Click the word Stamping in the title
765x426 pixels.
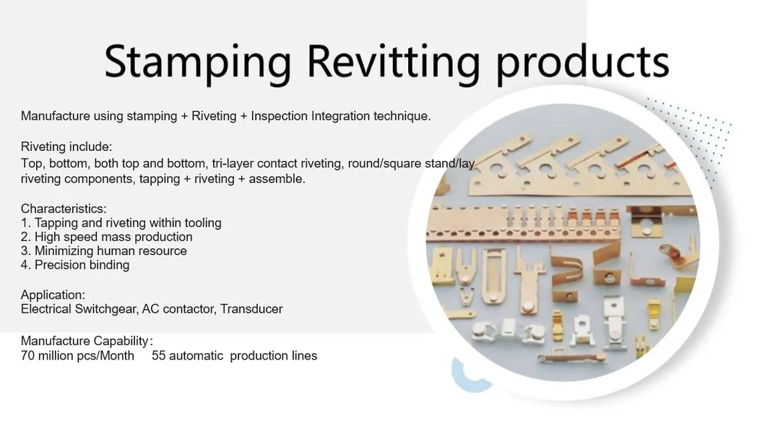[197, 61]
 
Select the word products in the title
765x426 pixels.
[582, 61]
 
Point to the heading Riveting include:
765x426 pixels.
[66, 147]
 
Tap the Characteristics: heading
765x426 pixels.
[64, 209]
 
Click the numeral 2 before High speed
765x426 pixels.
[25, 237]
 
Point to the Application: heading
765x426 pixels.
[53, 295]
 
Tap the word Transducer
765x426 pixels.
[251, 309]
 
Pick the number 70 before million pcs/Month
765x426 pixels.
[28, 355]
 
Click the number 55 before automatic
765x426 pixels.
[159, 355]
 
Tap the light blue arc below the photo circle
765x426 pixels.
[459, 375]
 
